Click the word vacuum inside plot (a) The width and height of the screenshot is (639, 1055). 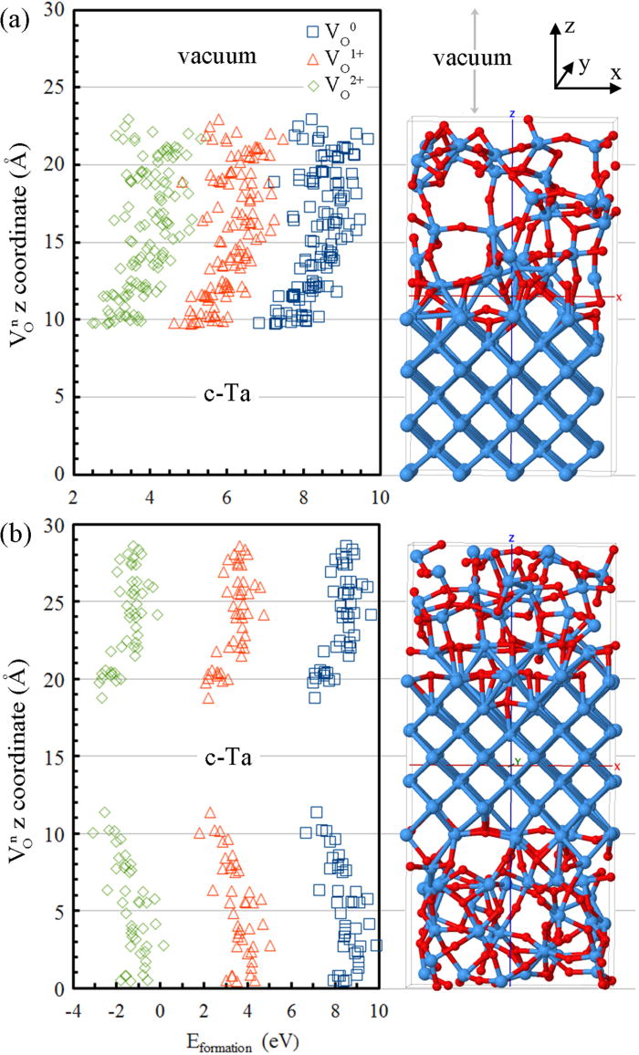[219, 57]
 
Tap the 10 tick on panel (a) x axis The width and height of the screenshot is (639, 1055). [379, 496]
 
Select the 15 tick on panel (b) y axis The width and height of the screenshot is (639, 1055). [53, 757]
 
